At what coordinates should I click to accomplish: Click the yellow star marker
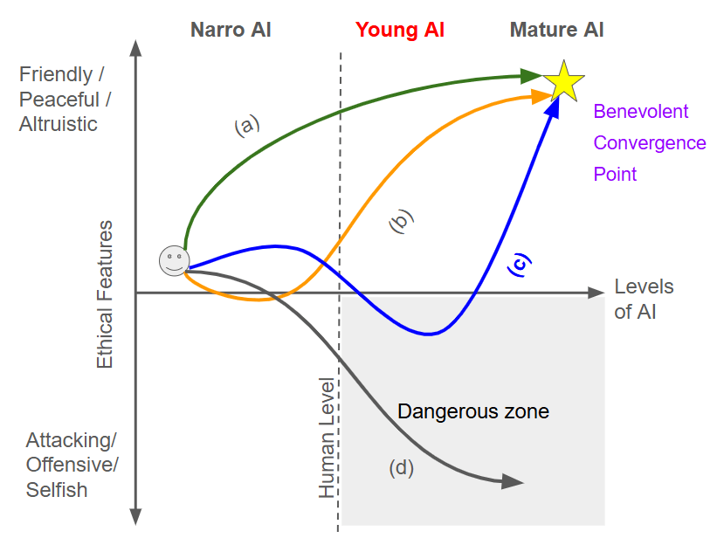(x=563, y=81)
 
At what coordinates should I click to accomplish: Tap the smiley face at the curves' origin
(x=174, y=259)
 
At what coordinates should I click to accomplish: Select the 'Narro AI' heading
(x=231, y=30)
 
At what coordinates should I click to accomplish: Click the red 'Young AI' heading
(x=400, y=30)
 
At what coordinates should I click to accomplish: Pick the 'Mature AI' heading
(x=557, y=30)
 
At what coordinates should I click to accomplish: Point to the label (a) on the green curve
(x=247, y=126)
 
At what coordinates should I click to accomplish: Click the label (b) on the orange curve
(x=400, y=222)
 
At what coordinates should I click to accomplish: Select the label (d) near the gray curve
(x=401, y=468)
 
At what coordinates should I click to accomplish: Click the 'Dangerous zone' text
(x=473, y=410)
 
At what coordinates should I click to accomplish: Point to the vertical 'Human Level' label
(x=327, y=438)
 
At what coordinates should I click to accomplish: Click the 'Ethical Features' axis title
(x=105, y=294)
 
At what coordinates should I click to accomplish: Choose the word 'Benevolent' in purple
(x=641, y=112)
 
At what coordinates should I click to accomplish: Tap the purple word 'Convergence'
(x=650, y=142)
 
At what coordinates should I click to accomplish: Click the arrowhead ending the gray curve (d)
(x=514, y=481)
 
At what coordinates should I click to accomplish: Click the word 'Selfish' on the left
(x=57, y=490)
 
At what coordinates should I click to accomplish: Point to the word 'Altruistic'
(x=59, y=124)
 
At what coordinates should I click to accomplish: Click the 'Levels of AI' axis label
(x=644, y=299)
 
